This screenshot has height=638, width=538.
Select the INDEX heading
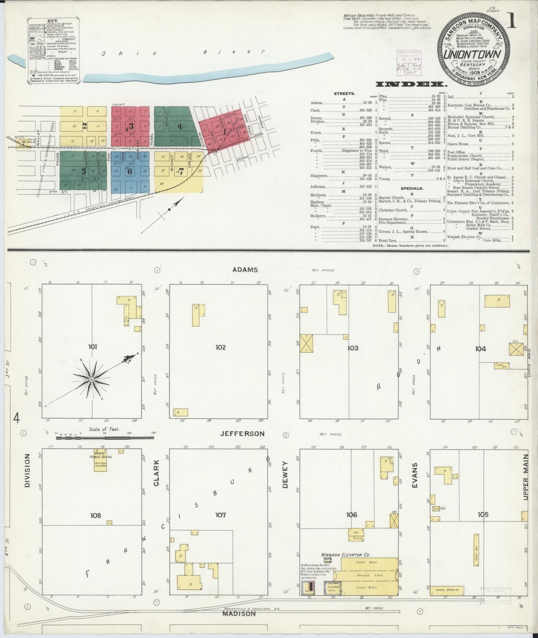[411, 84]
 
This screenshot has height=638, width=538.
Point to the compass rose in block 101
[91, 379]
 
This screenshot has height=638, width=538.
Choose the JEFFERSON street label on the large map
[242, 434]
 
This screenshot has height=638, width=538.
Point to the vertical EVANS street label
[415, 475]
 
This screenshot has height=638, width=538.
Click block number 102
[220, 348]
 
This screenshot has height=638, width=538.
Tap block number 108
[95, 516]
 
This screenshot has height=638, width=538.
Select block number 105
[483, 515]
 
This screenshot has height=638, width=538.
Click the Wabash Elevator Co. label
[346, 555]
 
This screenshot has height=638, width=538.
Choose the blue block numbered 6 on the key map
[130, 172]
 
